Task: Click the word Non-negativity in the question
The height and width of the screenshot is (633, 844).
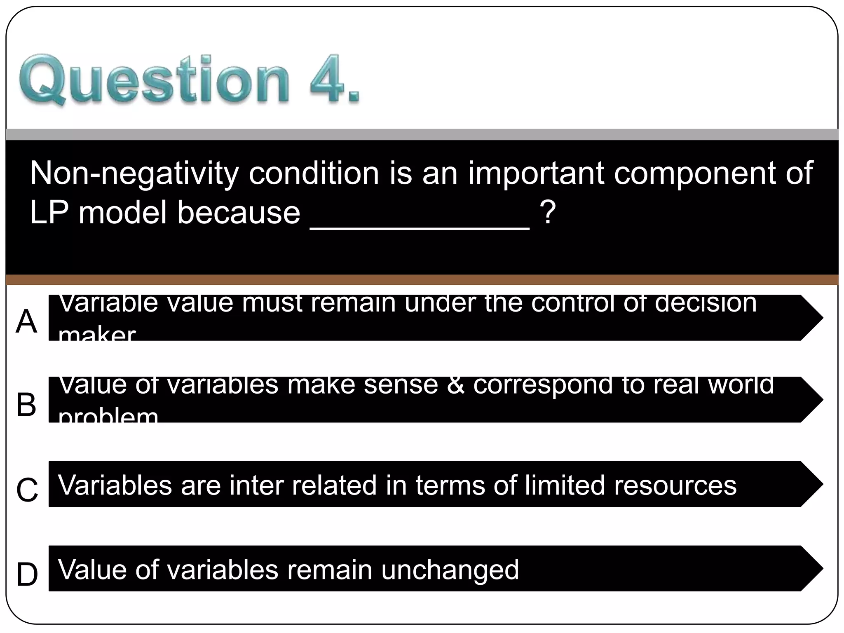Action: pos(134,173)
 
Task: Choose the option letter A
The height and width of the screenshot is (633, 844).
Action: pos(26,322)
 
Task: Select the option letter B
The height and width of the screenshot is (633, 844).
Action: pos(26,404)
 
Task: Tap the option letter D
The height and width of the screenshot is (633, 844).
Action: pos(27,574)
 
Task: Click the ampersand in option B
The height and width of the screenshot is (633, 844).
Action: pos(455,386)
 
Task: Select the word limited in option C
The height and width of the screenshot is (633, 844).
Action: pos(565,485)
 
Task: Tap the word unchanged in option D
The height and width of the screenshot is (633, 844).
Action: pos(450,570)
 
